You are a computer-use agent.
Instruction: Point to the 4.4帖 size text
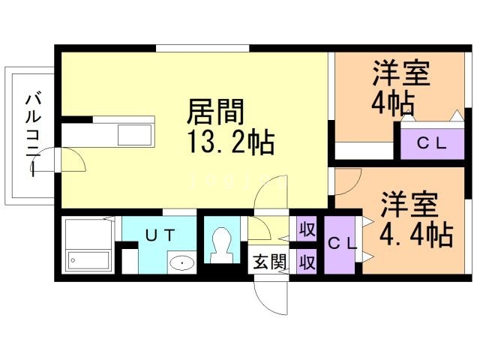pyautogui.click(x=415, y=235)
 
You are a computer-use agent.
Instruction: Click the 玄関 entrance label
pyautogui.click(x=268, y=262)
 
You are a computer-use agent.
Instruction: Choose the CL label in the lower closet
pyautogui.click(x=343, y=242)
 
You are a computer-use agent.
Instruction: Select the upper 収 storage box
pyautogui.click(x=306, y=228)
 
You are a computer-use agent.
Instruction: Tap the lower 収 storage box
pyautogui.click(x=306, y=262)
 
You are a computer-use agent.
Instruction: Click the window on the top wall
pyautogui.click(x=202, y=49)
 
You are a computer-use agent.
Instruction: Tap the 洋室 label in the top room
pyautogui.click(x=401, y=75)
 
